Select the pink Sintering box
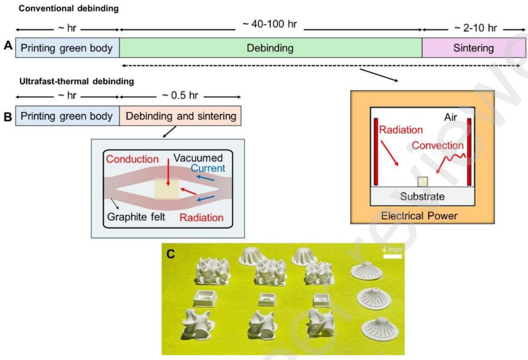pos(473,48)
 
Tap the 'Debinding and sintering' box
pos(180,117)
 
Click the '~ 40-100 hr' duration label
pos(269,24)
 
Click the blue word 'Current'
pos(211,168)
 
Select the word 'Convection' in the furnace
pos(437,145)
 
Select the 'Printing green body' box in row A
pos(67,48)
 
